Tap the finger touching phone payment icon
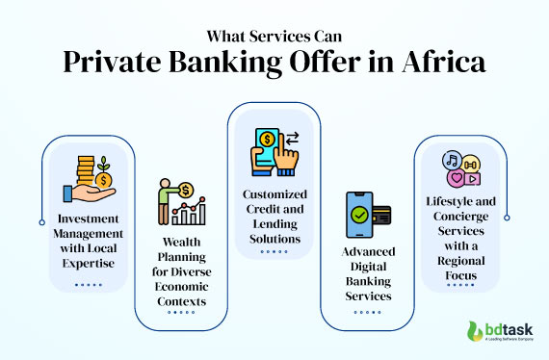pyautogui.click(x=274, y=149)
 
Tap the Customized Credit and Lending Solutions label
pyautogui.click(x=274, y=218)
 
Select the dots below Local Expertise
pyautogui.click(x=89, y=284)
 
